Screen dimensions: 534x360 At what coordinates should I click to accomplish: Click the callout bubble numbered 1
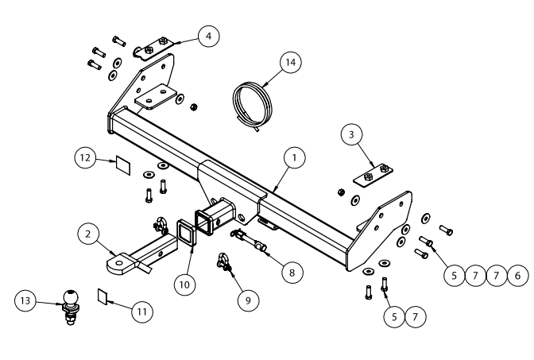point(295,157)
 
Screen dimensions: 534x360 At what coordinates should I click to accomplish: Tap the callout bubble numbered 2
point(88,234)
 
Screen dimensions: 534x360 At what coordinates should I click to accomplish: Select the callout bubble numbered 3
point(351,134)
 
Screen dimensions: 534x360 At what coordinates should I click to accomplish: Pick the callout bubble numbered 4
point(208,36)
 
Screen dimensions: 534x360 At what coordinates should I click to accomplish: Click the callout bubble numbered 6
point(517,275)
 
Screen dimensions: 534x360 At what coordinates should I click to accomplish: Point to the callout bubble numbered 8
point(292,272)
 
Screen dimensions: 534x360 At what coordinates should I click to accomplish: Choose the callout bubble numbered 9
point(248,300)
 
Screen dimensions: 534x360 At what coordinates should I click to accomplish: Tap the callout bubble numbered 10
point(184,285)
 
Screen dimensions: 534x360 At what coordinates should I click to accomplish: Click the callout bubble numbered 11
point(142,312)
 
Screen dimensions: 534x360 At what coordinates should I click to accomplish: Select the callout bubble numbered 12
point(85,157)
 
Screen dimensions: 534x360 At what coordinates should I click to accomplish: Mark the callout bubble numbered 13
point(25,300)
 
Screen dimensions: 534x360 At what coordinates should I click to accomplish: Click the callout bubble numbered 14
point(291,62)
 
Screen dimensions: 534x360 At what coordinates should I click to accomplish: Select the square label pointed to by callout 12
point(123,165)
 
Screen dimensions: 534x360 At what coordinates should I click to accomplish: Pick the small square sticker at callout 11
point(103,296)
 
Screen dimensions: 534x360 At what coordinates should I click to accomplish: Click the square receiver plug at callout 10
point(186,232)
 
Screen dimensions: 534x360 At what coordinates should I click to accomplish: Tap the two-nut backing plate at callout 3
point(373,175)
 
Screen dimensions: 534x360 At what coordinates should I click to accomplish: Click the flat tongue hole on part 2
point(119,263)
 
